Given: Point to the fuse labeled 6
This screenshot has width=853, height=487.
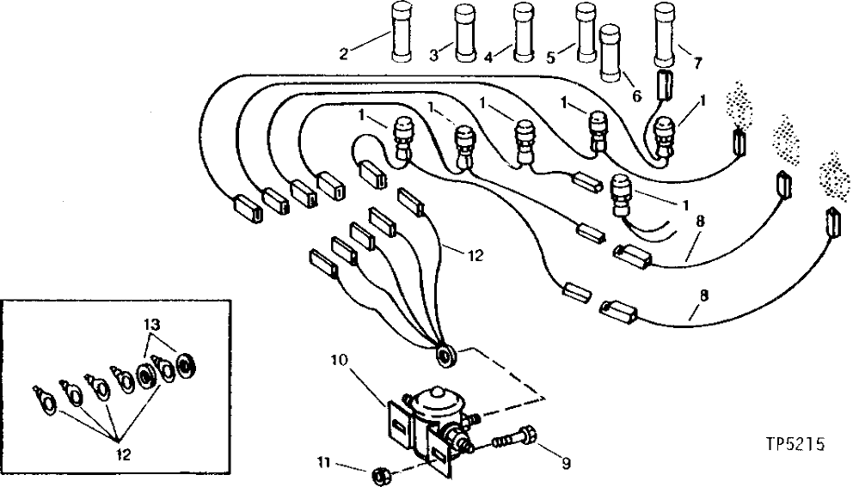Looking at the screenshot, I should [x=611, y=53].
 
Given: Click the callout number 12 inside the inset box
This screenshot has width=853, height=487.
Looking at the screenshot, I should [x=124, y=454].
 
